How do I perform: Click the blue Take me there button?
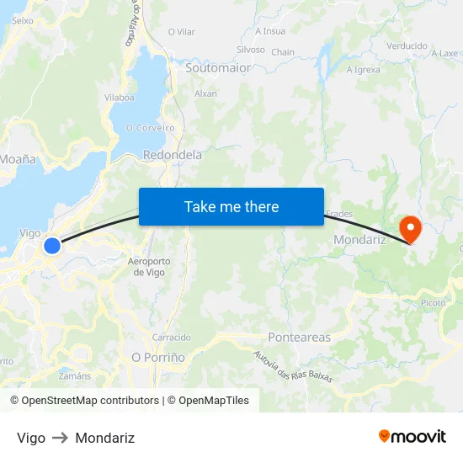coord(231,206)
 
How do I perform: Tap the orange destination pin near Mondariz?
coord(410,227)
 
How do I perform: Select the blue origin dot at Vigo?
coord(52,246)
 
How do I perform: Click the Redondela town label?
coord(173,155)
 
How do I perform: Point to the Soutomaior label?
coord(218,67)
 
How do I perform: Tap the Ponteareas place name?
coord(299,338)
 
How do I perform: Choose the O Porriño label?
coord(158,357)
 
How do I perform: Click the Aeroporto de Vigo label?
coord(149,266)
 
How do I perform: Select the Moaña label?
coord(18,158)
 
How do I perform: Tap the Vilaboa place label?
coord(119,98)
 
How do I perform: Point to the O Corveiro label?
coord(150,128)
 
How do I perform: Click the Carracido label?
coord(171,337)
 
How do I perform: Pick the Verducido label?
coord(407,45)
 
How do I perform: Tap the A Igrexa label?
coord(364,70)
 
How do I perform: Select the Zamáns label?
coord(75,375)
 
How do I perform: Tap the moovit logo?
coord(412,437)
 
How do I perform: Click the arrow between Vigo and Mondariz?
coord(60,438)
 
